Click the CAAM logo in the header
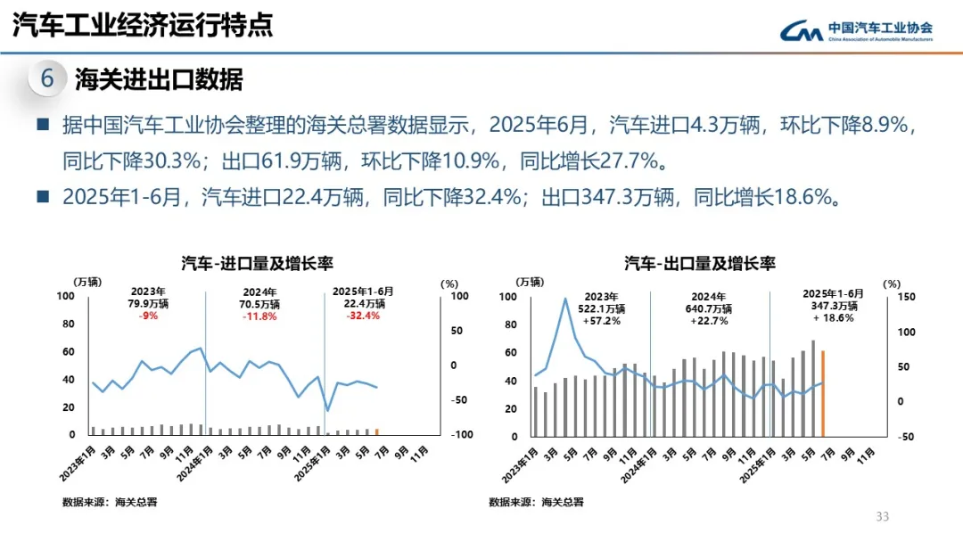(x=854, y=30)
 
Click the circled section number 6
(x=47, y=78)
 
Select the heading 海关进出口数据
(x=159, y=79)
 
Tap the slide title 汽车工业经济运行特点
(x=143, y=25)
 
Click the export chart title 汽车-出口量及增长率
(x=700, y=263)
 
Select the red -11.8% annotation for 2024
(x=260, y=316)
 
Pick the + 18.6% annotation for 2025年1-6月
(x=833, y=317)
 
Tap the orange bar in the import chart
(x=377, y=431)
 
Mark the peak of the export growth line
(x=565, y=299)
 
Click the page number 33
(x=883, y=517)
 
